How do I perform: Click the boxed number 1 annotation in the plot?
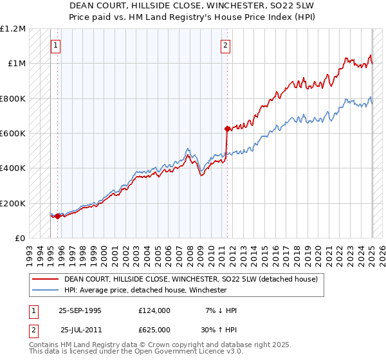tap(57, 45)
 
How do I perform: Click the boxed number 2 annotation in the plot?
tap(226, 45)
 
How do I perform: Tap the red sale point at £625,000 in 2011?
tap(227, 129)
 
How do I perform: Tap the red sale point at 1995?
tap(57, 216)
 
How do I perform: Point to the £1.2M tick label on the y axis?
tap(13, 29)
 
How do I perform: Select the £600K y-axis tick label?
tap(13, 133)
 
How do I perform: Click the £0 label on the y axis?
tap(19, 238)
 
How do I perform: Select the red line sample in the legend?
tap(44, 280)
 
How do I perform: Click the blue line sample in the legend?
tap(44, 291)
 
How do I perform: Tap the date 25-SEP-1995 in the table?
tap(80, 310)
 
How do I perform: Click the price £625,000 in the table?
tap(154, 329)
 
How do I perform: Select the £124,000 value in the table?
tap(154, 310)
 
